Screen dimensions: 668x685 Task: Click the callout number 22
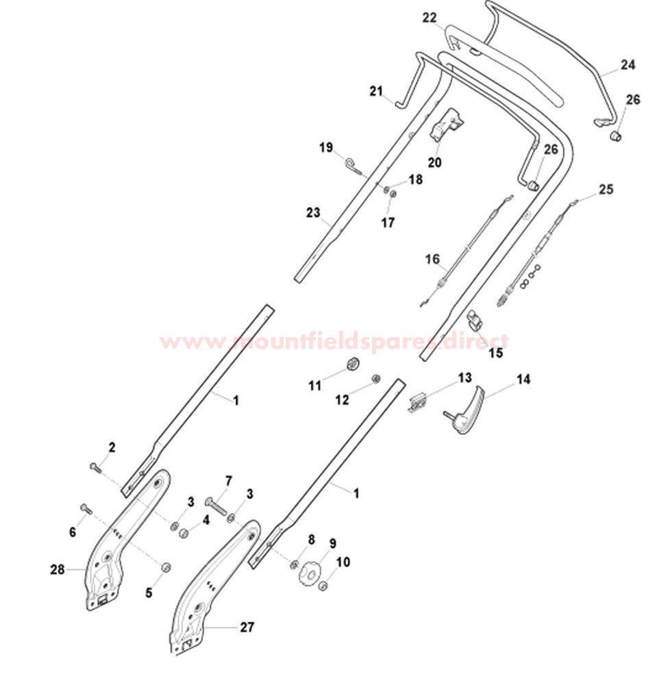point(429,18)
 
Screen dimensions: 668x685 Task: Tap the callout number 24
point(628,64)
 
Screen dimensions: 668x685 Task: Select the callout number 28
point(58,570)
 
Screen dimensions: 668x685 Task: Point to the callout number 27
point(247,627)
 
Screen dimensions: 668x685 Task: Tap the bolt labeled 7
point(216,507)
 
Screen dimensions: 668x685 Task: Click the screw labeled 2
point(95,468)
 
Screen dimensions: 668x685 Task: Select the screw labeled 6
point(86,509)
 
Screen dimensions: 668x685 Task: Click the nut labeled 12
point(375,378)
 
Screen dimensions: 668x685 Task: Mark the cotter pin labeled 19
point(356,168)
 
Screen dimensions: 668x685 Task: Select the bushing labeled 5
point(166,567)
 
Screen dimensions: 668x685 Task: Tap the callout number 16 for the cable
point(432,259)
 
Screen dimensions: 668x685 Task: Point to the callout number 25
point(606,189)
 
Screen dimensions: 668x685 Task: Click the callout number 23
point(313,213)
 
